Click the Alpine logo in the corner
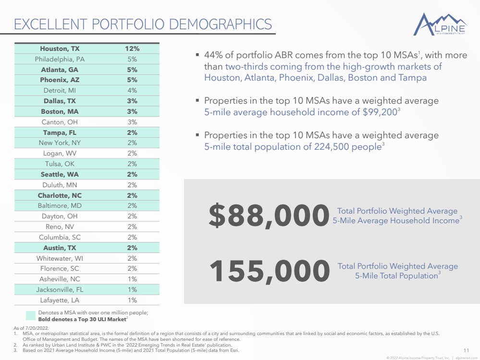click(x=440, y=24)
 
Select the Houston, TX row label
click(x=60, y=48)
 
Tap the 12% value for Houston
click(x=132, y=48)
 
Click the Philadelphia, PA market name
click(x=60, y=59)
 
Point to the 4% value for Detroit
click(x=132, y=90)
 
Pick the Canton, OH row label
click(x=60, y=122)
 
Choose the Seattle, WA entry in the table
click(x=60, y=174)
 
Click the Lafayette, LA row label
click(x=60, y=300)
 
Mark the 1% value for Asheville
click(x=132, y=279)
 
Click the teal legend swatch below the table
click(x=31, y=315)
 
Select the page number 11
click(x=466, y=349)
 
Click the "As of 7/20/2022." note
click(x=31, y=327)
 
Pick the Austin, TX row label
click(x=60, y=248)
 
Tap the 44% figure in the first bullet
click(x=213, y=55)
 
